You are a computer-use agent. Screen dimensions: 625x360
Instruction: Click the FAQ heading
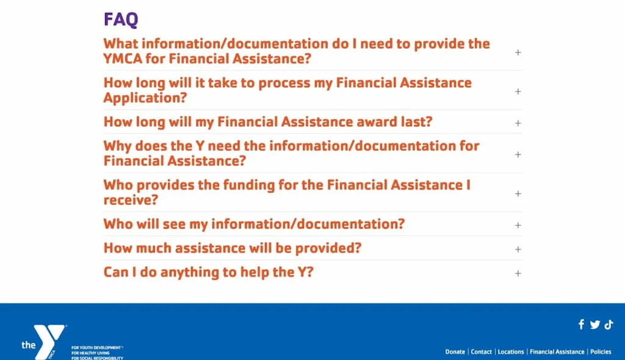(121, 19)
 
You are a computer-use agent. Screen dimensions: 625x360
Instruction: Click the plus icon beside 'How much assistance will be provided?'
(518, 249)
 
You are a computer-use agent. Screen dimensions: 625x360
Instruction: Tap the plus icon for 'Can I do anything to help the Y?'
(518, 273)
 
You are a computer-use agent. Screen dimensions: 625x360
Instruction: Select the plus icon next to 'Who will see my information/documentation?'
(518, 225)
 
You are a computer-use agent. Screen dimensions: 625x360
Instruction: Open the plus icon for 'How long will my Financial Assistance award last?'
(518, 123)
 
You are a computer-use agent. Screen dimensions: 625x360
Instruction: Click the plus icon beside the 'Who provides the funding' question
(518, 193)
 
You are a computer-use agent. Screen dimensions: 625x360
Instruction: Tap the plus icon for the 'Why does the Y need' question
(518, 154)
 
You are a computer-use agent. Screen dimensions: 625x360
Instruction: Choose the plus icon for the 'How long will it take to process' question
(518, 92)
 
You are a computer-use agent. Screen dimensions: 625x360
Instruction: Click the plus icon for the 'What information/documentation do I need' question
(518, 52)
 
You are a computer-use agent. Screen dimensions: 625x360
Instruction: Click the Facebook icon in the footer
(581, 324)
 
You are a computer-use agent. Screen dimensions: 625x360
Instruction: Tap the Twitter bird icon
(595, 325)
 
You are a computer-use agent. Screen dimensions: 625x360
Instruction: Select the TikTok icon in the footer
(609, 325)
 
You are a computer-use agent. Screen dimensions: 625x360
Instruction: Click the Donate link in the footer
(455, 351)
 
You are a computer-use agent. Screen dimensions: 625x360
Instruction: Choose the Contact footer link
(482, 351)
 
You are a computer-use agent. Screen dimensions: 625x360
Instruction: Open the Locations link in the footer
(511, 351)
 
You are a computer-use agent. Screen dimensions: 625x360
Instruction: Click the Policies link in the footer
(601, 351)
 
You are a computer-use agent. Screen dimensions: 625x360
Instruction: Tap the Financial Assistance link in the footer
(557, 351)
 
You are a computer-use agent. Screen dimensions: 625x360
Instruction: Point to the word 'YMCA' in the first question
(123, 59)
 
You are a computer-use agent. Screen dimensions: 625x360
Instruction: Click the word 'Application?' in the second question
(145, 98)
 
